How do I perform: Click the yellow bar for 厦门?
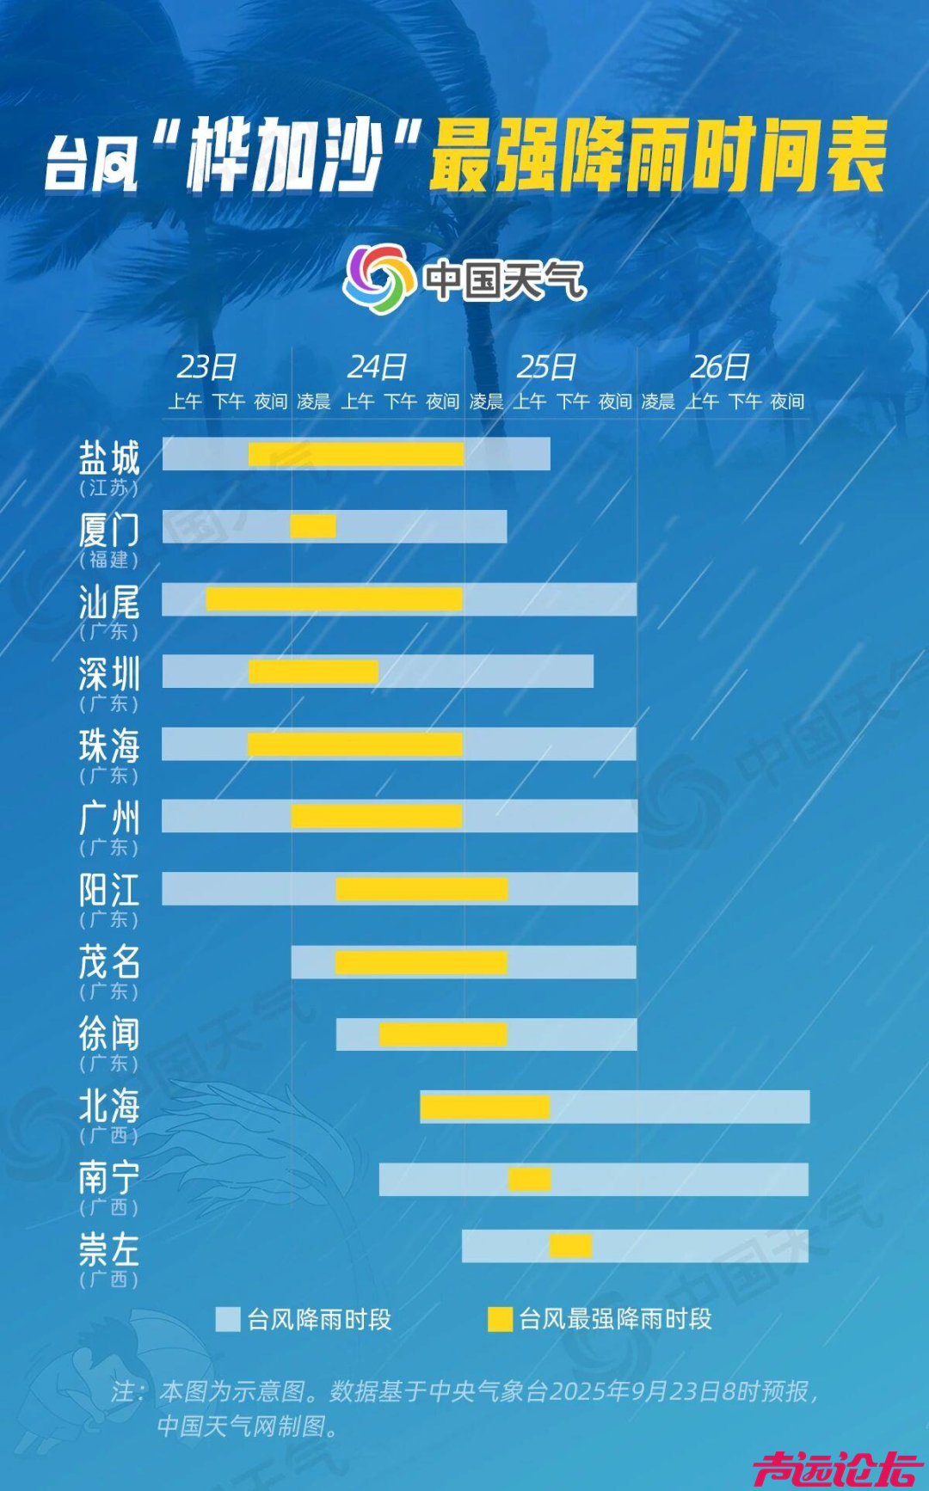coord(313,525)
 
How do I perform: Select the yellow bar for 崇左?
coord(570,1245)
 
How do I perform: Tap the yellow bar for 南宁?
coord(529,1179)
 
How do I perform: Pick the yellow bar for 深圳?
coord(313,672)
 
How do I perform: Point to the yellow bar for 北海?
coord(484,1107)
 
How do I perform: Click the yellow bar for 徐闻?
coord(443,1034)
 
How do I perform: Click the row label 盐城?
coord(108,458)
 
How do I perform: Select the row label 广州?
coord(108,818)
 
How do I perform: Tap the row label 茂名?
coord(108,962)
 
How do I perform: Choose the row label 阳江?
coord(108,890)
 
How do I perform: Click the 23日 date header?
coord(206,367)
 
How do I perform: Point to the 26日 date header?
coord(720,367)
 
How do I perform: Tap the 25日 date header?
coord(546,367)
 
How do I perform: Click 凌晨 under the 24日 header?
coord(314,402)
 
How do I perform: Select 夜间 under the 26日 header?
coord(787,402)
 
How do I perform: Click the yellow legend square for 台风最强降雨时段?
coord(500,1319)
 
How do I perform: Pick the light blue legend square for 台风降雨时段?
coord(228,1319)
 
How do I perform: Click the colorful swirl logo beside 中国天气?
coord(374,279)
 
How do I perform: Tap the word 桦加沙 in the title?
coord(284,156)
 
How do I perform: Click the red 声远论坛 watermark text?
coord(836,1468)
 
